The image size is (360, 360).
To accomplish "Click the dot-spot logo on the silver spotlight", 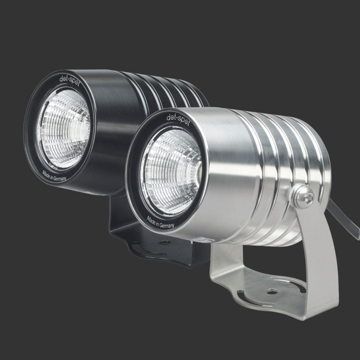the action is click(x=179, y=120).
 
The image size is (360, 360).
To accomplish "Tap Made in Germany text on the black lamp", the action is click(x=54, y=175).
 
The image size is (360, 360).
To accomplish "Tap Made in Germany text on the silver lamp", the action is click(x=161, y=222).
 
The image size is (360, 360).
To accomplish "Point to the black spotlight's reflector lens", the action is click(x=63, y=129).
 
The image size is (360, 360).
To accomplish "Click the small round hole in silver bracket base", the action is click(x=271, y=292).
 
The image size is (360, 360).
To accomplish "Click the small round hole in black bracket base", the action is click(x=165, y=242).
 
